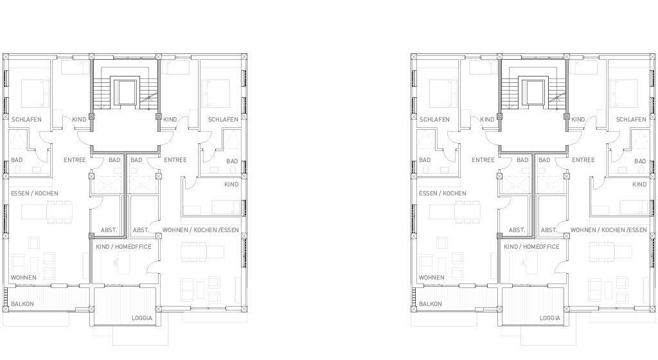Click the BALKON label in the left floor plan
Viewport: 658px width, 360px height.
coord(22,304)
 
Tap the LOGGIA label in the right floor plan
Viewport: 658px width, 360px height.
coord(550,318)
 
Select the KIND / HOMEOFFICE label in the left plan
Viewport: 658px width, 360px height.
coord(123,247)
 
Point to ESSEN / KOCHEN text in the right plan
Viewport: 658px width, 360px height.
coord(442,194)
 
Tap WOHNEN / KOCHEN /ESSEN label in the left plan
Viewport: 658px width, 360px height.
coord(200,230)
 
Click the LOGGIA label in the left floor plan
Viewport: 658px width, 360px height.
coord(142,318)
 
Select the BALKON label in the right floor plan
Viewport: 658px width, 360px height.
coord(430,304)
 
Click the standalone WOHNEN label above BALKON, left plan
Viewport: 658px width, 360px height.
coord(24,277)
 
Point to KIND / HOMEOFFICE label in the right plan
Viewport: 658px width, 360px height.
coord(531,247)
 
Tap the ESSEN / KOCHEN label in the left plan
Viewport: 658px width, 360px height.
coord(35,194)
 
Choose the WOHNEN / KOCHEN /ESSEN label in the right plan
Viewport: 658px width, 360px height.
coord(609,230)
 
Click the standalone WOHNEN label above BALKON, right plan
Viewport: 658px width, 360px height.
coord(431,277)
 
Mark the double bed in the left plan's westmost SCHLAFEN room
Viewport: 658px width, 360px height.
coord(35,94)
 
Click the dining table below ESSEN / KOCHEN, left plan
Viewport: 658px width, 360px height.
coord(59,212)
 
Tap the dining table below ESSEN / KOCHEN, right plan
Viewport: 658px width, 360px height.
coord(467,212)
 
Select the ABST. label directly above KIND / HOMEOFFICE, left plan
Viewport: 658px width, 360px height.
coord(109,230)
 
